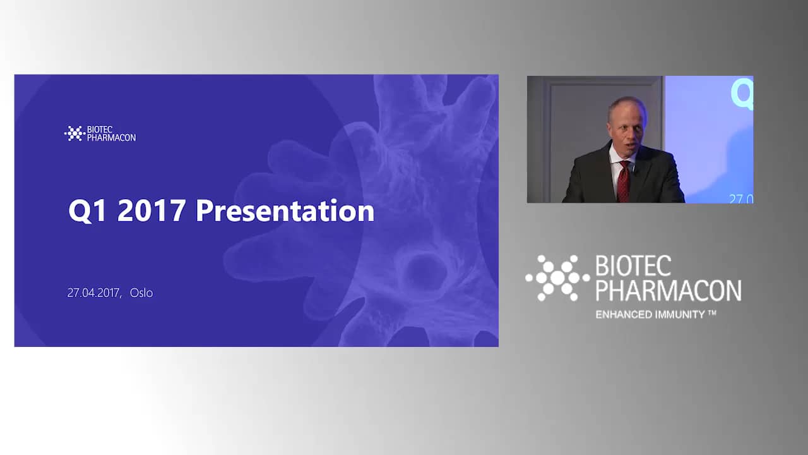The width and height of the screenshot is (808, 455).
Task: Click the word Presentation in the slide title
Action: pyautogui.click(x=285, y=211)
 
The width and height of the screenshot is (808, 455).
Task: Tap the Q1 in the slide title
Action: pyautogui.click(x=87, y=211)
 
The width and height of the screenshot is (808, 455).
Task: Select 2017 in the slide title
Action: pyautogui.click(x=151, y=211)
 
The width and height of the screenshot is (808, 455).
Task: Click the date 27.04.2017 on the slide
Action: pyautogui.click(x=93, y=293)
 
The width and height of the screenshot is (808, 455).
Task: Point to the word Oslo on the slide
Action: pyautogui.click(x=141, y=293)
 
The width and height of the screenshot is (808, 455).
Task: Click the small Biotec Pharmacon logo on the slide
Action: pyautogui.click(x=100, y=133)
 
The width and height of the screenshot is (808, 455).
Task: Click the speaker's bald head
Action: pyautogui.click(x=627, y=108)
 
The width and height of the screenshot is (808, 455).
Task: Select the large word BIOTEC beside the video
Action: pyautogui.click(x=633, y=266)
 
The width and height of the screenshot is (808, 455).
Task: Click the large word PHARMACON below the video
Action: pyautogui.click(x=668, y=290)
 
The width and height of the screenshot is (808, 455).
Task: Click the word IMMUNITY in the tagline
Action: pyautogui.click(x=680, y=315)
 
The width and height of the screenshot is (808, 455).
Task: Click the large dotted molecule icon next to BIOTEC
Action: pyautogui.click(x=557, y=277)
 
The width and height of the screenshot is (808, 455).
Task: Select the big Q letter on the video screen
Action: pyautogui.click(x=742, y=95)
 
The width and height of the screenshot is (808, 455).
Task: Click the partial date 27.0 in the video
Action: pyautogui.click(x=741, y=198)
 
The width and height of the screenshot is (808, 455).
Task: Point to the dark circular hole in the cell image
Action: pyautogui.click(x=423, y=272)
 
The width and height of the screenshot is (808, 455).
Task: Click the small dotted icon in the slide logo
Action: pyautogui.click(x=74, y=133)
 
